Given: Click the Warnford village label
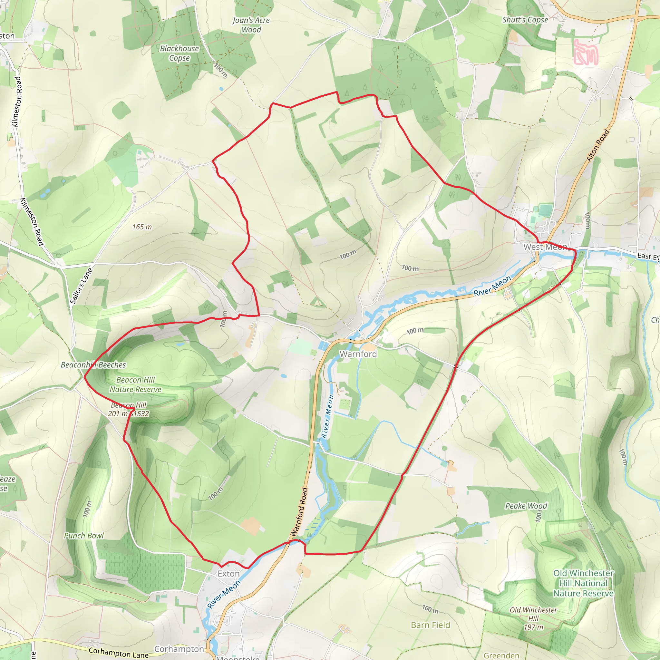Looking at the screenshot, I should (x=358, y=354).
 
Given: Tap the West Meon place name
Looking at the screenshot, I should (x=545, y=247).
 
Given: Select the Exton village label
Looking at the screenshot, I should (x=228, y=574).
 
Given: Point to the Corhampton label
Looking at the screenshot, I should (x=179, y=649).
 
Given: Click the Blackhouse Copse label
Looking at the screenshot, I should (x=180, y=53).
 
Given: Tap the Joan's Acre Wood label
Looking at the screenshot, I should (x=251, y=25).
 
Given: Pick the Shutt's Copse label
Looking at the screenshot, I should (x=525, y=20).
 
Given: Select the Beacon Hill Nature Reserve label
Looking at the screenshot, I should (x=135, y=385).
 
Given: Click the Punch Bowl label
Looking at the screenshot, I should (x=84, y=536).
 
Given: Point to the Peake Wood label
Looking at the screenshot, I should (x=526, y=506).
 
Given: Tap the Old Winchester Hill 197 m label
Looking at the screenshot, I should (x=533, y=619).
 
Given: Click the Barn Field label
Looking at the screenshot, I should (x=431, y=625).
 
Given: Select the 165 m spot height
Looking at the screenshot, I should (x=142, y=227).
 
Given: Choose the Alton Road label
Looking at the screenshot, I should (x=597, y=146).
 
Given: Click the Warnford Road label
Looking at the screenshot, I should (x=299, y=512).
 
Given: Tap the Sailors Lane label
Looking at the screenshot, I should (x=81, y=286).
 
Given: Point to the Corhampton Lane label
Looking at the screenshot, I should (x=119, y=653).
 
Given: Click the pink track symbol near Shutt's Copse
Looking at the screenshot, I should (x=586, y=52).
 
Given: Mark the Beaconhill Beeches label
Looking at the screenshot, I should (x=93, y=365).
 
